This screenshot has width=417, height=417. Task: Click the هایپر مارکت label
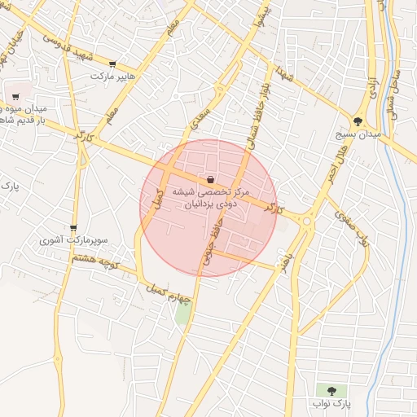[x=111, y=76]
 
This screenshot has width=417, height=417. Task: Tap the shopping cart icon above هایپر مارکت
[x=112, y=64]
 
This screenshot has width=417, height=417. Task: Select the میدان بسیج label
[x=355, y=134]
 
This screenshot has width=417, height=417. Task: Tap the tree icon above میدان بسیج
[x=358, y=121]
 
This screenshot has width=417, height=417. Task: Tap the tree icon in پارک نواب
[x=331, y=392]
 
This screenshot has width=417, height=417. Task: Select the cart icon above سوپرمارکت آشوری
[x=74, y=229]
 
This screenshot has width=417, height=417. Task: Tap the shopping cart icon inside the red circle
[x=211, y=179]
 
